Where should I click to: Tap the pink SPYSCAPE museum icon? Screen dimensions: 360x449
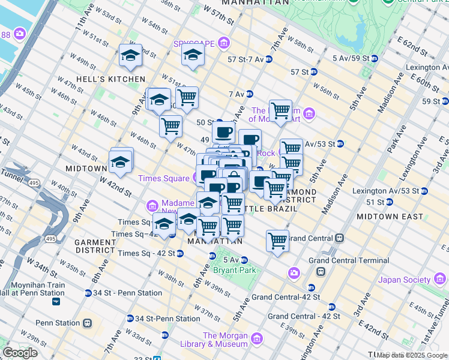[224, 43]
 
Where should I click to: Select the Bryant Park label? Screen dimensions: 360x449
[235, 270]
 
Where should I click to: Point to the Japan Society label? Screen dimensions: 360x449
[405, 280]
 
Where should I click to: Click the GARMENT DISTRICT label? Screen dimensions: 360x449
[95, 246]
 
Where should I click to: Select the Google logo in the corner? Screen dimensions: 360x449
[20, 353]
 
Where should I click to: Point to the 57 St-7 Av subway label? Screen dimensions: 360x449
[246, 59]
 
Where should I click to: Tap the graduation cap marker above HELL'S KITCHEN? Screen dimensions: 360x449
[130, 56]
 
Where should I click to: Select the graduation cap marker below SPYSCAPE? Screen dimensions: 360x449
[193, 55]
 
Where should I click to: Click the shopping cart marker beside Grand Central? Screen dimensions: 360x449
[277, 241]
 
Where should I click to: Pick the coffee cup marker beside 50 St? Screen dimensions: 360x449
[223, 131]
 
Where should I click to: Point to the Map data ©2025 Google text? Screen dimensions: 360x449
[412, 355]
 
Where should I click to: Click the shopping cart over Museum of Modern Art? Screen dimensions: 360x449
[280, 111]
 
